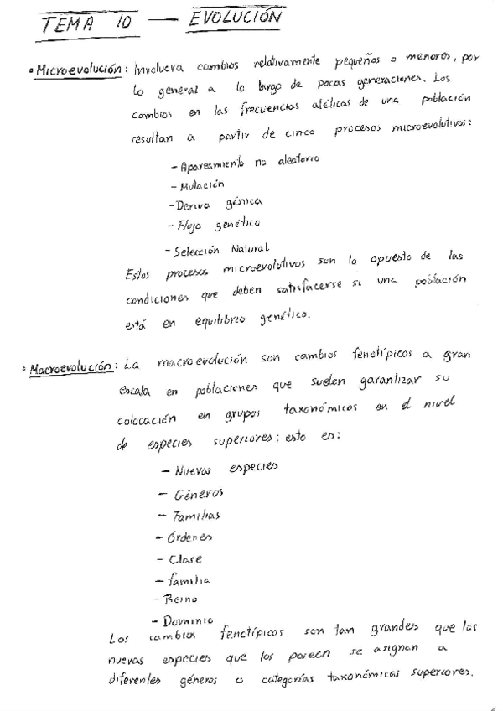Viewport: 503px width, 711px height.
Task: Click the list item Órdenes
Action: click(188, 537)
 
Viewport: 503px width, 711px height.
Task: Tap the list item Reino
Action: click(182, 599)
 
